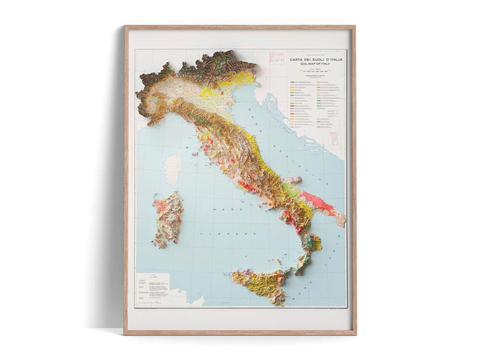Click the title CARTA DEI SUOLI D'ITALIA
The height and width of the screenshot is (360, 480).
click(316, 60)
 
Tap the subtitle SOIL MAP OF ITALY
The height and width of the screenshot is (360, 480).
click(316, 64)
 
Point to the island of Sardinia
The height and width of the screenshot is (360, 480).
click(168, 219)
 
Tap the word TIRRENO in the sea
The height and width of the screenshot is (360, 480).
click(228, 233)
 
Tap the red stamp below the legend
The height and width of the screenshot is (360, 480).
click(333, 138)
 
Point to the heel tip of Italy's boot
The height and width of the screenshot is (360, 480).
click(343, 222)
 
